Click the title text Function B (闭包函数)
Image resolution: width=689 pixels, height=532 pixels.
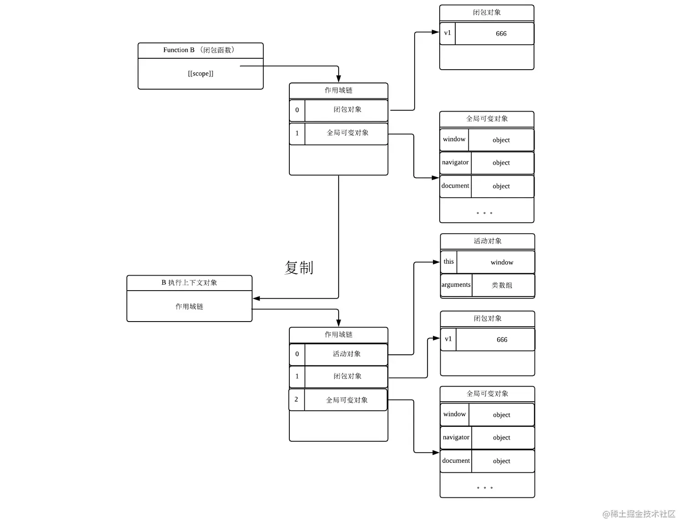click(199, 50)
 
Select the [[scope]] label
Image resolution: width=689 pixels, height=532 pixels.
click(201, 74)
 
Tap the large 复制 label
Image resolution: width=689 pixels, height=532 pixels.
click(299, 267)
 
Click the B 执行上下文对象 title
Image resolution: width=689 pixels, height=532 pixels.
click(189, 283)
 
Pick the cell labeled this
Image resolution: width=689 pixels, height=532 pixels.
click(448, 262)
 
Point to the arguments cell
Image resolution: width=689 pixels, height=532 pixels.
click(456, 285)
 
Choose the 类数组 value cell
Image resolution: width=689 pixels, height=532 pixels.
click(502, 286)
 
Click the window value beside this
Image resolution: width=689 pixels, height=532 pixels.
click(502, 262)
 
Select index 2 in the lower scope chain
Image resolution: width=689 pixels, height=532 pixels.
click(296, 399)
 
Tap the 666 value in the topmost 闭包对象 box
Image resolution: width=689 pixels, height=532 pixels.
click(501, 34)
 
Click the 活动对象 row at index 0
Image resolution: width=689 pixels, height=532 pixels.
click(346, 354)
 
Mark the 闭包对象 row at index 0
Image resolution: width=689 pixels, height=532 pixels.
click(347, 110)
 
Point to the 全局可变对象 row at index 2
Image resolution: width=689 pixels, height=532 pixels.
click(346, 400)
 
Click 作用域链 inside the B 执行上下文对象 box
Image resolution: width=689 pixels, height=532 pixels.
click(189, 307)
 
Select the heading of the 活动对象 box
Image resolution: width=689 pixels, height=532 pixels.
click(487, 241)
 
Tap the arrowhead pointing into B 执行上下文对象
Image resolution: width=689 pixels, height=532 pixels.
click(256, 299)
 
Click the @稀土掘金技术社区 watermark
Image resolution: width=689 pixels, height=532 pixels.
click(639, 514)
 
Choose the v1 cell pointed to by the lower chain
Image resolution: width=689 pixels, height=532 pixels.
click(448, 339)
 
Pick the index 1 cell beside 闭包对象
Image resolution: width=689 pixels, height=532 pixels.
click(297, 376)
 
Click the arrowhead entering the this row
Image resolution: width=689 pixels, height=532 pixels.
click(436, 262)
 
